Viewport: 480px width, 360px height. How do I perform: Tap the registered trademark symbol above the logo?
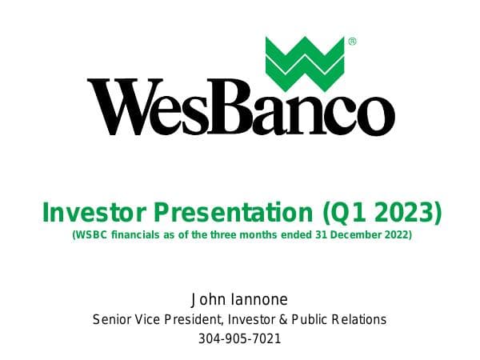click(x=351, y=41)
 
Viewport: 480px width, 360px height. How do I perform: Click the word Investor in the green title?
click(x=88, y=214)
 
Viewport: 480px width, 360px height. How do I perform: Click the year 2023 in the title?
click(x=407, y=214)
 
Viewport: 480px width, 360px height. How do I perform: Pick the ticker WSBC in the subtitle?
click(x=92, y=236)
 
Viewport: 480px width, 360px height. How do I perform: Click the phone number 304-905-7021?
click(x=240, y=338)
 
